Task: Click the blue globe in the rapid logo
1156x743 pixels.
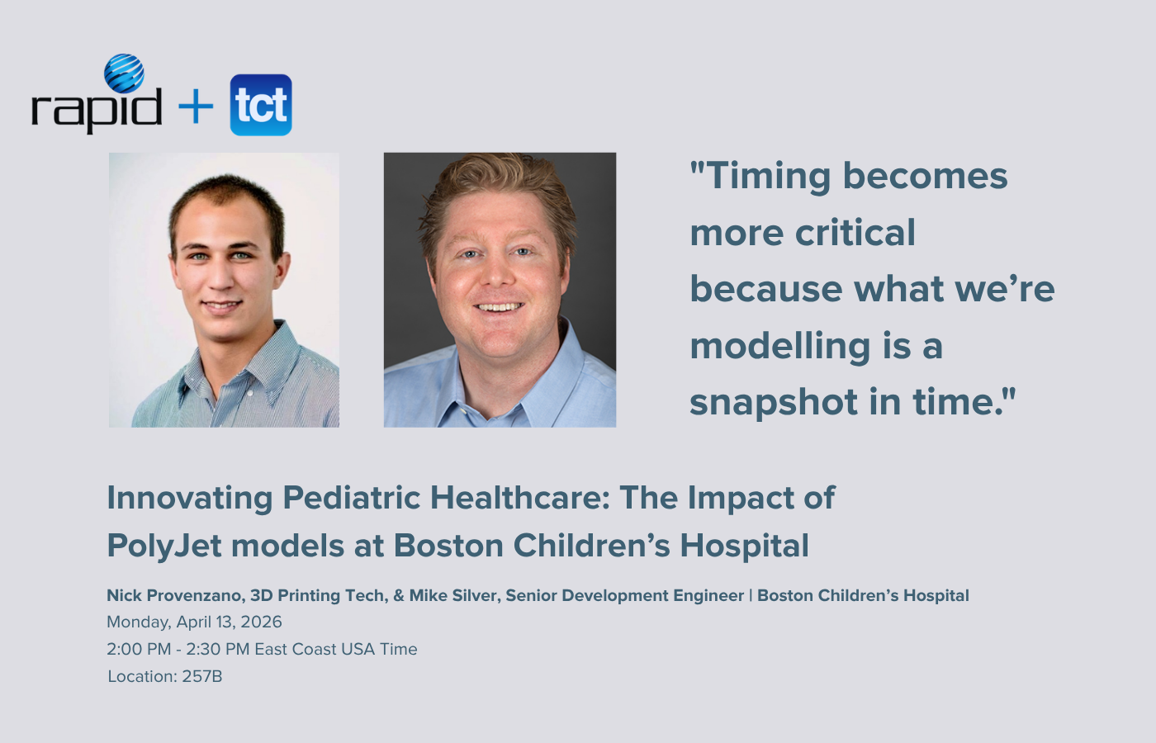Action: (124, 73)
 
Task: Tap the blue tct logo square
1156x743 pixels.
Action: (261, 105)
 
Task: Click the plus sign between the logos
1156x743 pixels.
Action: (196, 106)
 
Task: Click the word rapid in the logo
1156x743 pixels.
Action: (96, 109)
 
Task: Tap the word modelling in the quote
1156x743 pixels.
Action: (779, 346)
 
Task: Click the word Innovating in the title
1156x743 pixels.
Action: (190, 498)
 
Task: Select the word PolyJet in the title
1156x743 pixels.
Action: (163, 546)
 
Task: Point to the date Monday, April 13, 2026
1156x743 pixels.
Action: (194, 622)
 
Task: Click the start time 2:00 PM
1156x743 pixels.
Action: (139, 649)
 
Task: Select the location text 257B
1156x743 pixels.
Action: (202, 676)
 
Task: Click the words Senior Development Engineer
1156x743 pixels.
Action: (624, 595)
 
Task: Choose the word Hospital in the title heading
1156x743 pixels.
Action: (744, 546)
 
